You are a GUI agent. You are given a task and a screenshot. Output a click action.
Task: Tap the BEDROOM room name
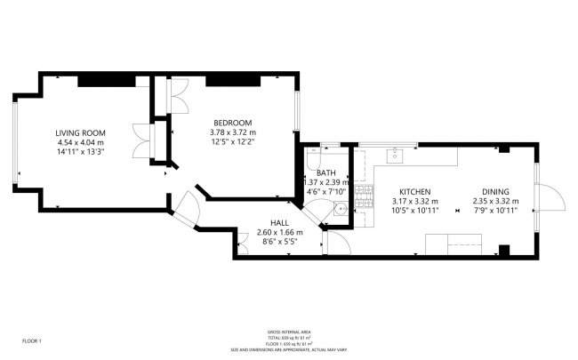click(232, 123)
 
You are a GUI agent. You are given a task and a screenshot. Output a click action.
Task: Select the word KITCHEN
click(415, 192)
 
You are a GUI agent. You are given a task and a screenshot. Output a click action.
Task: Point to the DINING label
click(495, 192)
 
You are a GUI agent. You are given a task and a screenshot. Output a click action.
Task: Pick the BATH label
click(325, 172)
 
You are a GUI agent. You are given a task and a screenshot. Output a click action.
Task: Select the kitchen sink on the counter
click(395, 156)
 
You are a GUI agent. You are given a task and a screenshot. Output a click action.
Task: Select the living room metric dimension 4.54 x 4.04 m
click(80, 141)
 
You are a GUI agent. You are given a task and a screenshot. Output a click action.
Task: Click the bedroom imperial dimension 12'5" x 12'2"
click(232, 142)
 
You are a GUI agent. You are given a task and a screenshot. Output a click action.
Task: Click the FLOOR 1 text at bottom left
click(32, 340)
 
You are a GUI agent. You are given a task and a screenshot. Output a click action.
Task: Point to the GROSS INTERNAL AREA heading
click(288, 332)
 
